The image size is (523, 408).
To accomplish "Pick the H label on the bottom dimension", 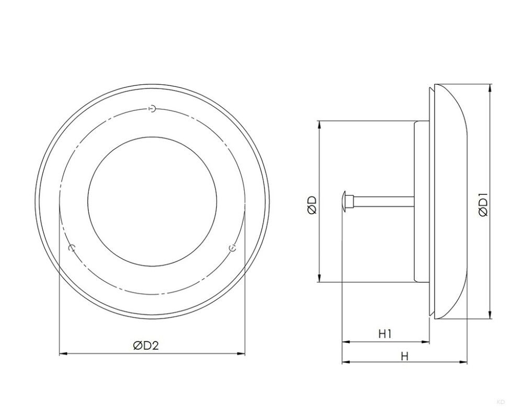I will click(x=404, y=356).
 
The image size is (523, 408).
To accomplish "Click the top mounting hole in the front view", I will click(x=152, y=109).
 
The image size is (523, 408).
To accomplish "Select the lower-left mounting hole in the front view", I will click(x=73, y=247).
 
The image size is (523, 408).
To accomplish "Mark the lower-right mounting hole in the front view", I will click(x=233, y=247).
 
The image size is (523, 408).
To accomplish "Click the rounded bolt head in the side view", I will click(x=344, y=201).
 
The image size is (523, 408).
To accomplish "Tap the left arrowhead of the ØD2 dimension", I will click(x=63, y=354).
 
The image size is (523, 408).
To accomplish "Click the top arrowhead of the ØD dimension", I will click(x=319, y=125).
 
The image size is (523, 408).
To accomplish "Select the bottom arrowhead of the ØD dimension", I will click(x=319, y=280).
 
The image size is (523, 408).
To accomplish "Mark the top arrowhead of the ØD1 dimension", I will click(x=490, y=87).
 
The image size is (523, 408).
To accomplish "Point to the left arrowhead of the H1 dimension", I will click(x=345, y=342).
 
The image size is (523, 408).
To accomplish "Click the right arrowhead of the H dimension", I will click(x=464, y=362).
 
